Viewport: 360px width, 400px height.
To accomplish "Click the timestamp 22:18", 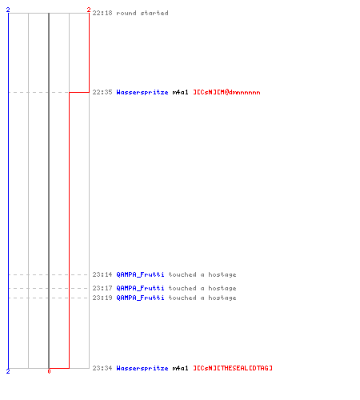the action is coord(102,13).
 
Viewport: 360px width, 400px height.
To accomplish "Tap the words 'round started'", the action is coord(142,13).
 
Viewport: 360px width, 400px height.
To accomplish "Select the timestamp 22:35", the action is coord(102,92).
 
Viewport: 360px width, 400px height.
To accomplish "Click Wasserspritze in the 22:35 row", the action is coord(142,93).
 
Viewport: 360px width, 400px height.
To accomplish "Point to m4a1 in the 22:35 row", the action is coord(180,92).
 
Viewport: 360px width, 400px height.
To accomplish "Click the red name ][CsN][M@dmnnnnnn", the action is coord(226,92).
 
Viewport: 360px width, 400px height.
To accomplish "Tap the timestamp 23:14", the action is coord(102,274).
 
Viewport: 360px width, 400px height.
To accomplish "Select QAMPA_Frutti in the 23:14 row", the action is coord(140,274).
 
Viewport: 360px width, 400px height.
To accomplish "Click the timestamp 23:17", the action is coord(102,288).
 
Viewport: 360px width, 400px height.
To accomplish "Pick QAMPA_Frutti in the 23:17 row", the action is coord(140,288).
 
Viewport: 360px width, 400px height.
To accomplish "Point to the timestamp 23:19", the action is coord(102,298).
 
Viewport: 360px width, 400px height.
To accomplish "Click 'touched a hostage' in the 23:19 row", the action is coord(202,298).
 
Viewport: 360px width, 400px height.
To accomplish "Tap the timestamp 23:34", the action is coord(102,368).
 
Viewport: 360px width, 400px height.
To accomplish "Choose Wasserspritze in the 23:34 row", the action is coord(142,369).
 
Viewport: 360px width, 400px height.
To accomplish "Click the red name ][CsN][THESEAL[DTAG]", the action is coord(233,368).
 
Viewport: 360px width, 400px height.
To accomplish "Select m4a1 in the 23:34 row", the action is coord(180,368).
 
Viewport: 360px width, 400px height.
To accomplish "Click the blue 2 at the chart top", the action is coord(8,10).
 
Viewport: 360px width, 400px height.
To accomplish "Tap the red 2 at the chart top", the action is coord(89,10).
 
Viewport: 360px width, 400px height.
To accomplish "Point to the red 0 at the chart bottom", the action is coord(49,371).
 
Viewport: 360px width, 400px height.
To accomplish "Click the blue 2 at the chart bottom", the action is coord(8,371).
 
